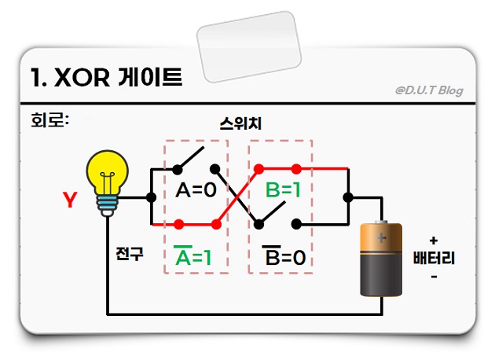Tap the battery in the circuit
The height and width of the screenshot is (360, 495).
click(381, 259)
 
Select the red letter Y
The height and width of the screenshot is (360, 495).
click(70, 200)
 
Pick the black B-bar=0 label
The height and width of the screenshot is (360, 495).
click(285, 257)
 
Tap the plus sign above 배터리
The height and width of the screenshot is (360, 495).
click(434, 240)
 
